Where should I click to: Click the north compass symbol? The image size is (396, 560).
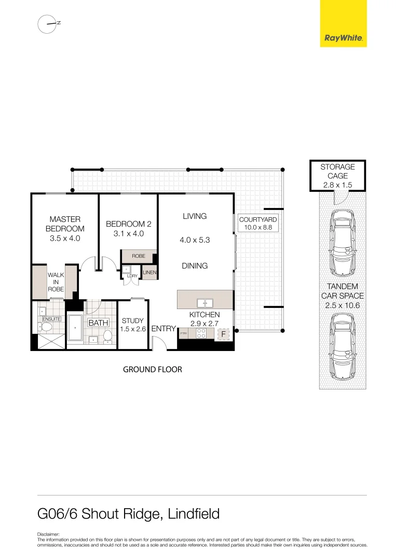[x=47, y=24]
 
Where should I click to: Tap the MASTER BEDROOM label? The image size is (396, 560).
[x=65, y=224]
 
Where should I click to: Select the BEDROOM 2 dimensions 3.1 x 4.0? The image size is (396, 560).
[x=128, y=234]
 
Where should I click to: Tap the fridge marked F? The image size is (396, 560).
[x=223, y=334]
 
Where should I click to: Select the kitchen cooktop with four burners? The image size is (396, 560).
[x=201, y=334]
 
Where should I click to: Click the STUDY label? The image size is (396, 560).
[x=132, y=321]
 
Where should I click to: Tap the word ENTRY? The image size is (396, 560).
[x=163, y=329]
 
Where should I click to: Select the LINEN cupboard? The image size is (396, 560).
[x=149, y=272]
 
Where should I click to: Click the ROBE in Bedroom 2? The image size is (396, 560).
[x=138, y=256]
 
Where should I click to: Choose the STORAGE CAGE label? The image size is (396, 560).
[x=337, y=171]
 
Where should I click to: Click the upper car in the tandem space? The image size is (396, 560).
[x=342, y=242]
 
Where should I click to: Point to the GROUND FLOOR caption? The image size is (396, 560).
[x=152, y=370]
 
